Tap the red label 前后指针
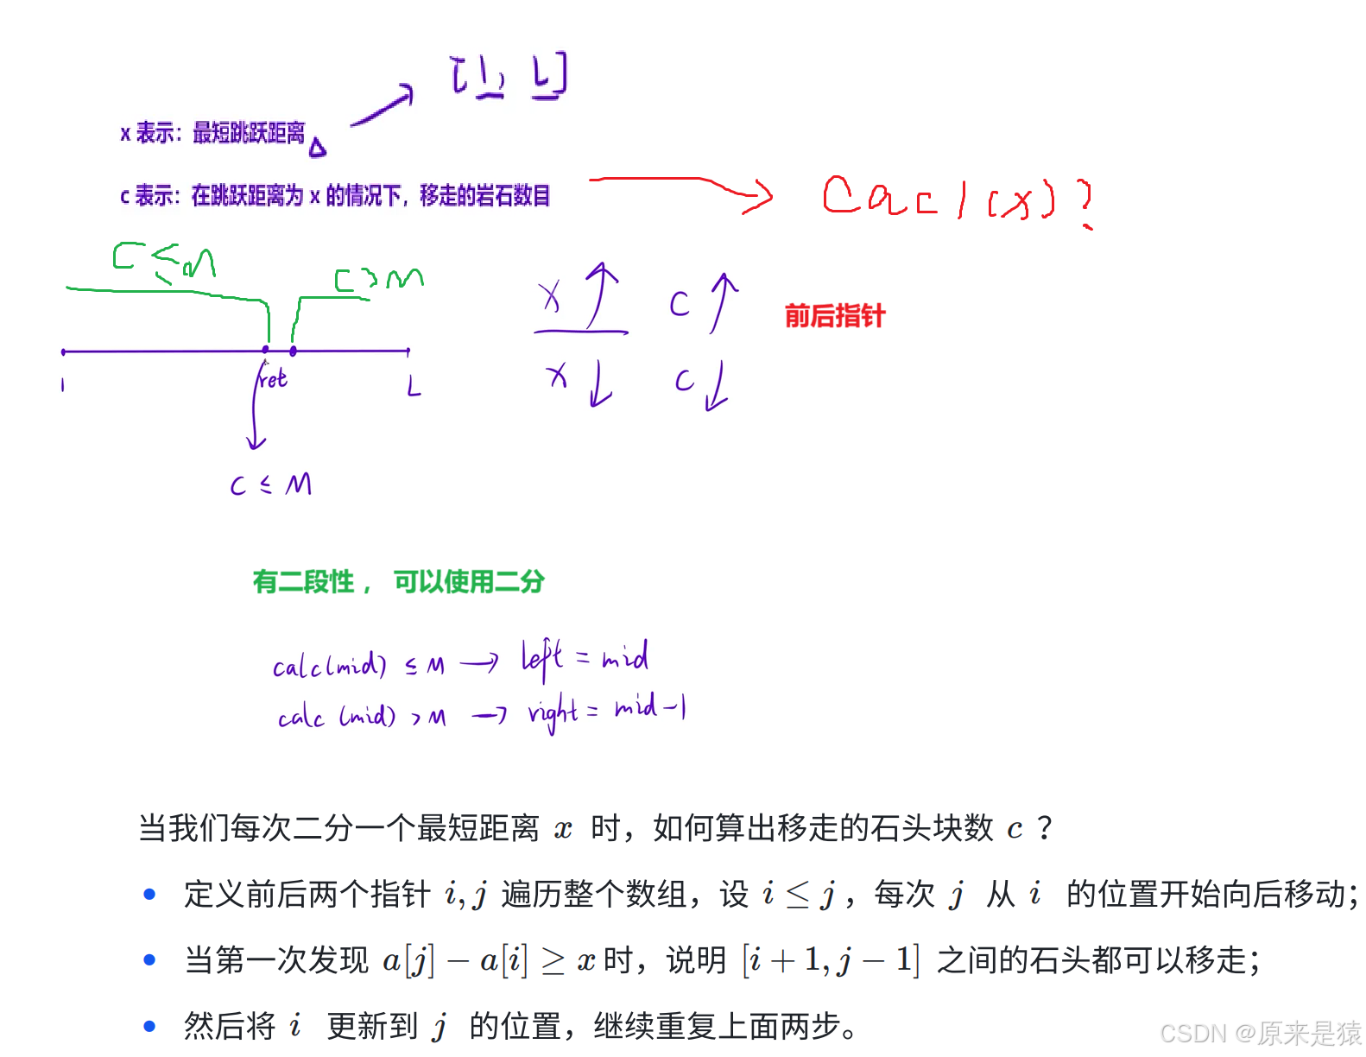[835, 315]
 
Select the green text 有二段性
[304, 581]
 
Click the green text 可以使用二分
[470, 581]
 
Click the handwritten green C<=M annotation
[164, 261]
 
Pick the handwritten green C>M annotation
[379, 279]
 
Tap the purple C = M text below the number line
[271, 484]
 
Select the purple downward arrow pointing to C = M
[255, 415]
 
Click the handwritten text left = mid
[585, 659]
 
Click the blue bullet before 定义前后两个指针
[149, 894]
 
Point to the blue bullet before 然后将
[149, 1026]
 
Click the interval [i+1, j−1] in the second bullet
[831, 959]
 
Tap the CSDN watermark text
[1259, 1032]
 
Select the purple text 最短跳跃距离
[249, 132]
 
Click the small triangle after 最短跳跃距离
[319, 149]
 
